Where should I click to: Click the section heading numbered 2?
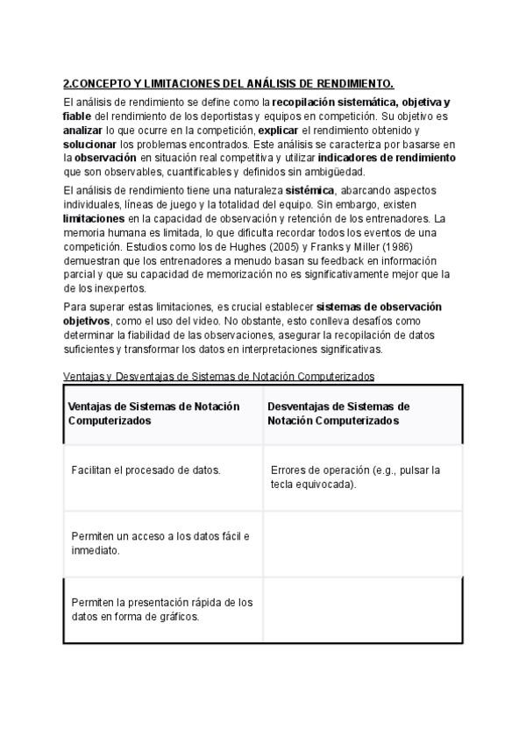(x=229, y=84)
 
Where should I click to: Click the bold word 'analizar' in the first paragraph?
(x=85, y=130)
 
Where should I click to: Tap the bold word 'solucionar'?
(x=90, y=144)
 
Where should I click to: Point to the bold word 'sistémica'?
(x=312, y=191)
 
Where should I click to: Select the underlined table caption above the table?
(x=219, y=376)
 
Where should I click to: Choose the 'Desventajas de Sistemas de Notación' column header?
(x=338, y=414)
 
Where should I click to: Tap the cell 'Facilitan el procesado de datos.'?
(x=146, y=471)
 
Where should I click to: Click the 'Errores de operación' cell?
(x=355, y=477)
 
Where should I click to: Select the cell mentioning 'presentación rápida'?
(x=161, y=609)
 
